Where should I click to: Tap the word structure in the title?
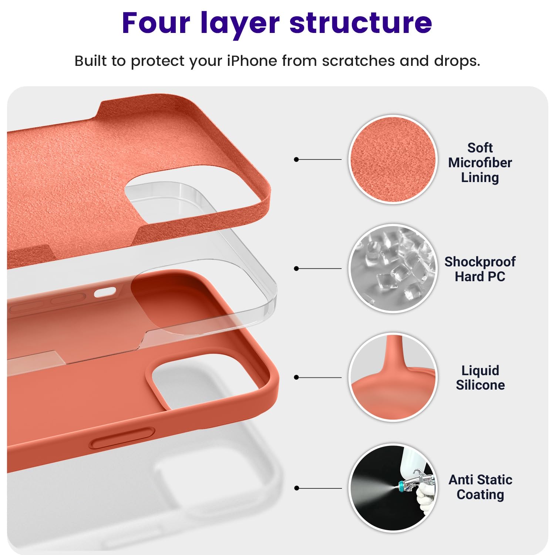pos(361,23)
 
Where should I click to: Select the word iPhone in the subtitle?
pos(252,61)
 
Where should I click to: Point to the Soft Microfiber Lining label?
pos(480,163)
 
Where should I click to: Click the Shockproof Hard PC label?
pos(480,269)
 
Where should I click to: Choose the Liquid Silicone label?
pos(480,377)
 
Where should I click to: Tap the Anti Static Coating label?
pos(480,487)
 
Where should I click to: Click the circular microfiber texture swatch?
pos(393,159)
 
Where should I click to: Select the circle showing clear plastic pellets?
pos(393,268)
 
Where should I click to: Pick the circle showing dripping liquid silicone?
pos(393,377)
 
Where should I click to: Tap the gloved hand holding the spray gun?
pos(425,498)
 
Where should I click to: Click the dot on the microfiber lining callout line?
pos(296,159)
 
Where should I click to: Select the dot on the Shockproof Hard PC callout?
pos(296,269)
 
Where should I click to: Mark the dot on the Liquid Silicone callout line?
pos(296,377)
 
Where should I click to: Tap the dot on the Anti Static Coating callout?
pos(296,488)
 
